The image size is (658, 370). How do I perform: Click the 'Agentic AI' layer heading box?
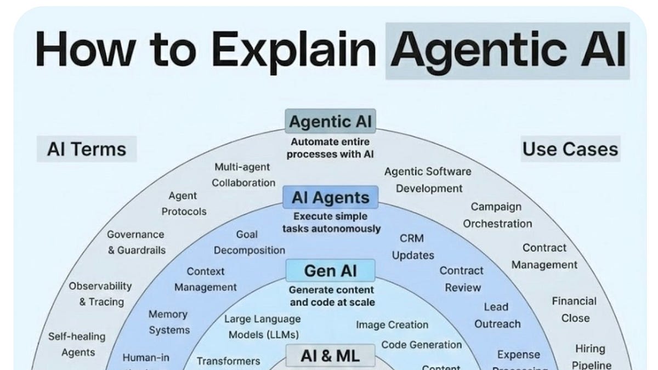tap(330, 121)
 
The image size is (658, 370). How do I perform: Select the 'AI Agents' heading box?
tap(330, 198)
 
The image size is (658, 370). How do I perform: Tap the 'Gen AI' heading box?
tap(330, 270)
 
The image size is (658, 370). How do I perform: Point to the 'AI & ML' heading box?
tap(330, 356)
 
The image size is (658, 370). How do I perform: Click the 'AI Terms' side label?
tap(87, 149)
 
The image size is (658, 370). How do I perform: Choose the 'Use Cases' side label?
tap(570, 149)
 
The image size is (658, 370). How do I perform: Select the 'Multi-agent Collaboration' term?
tap(243, 174)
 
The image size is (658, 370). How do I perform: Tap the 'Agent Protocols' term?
tap(184, 203)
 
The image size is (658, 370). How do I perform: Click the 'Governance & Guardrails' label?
tap(136, 242)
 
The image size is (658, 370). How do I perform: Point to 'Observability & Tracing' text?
tap(101, 294)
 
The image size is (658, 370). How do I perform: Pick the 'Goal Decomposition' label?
tap(249, 242)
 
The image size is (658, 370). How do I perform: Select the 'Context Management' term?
tap(206, 279)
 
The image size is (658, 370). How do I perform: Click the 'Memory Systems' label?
tap(169, 322)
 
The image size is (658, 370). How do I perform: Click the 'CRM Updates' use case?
tap(412, 247)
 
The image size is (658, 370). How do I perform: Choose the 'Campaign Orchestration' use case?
tap(497, 215)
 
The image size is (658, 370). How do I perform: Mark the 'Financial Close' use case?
tap(575, 309)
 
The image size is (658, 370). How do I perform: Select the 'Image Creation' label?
tap(392, 325)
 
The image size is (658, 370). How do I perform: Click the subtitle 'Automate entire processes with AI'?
tap(330, 148)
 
